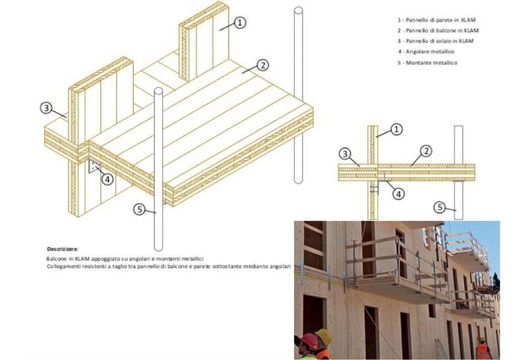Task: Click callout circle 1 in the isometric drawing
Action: click(240, 23)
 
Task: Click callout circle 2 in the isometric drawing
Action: click(262, 65)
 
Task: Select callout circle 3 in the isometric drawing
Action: click(46, 108)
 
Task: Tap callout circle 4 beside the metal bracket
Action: click(107, 179)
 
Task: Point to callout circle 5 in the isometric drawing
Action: click(140, 209)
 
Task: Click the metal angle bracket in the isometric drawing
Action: click(94, 167)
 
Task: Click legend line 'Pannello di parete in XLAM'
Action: click(437, 20)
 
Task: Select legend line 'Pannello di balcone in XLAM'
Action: click(438, 31)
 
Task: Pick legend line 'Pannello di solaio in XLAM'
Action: click(435, 41)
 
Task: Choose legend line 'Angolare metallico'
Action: click(426, 52)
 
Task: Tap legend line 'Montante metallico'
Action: click(428, 62)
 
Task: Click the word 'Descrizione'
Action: click(62, 249)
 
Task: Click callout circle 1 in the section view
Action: click(396, 129)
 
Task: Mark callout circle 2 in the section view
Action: click(426, 151)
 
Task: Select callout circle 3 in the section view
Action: click(345, 154)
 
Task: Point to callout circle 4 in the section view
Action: click(398, 194)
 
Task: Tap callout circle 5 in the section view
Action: click(440, 208)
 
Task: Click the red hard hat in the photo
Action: click(309, 341)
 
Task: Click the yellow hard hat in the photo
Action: click(324, 337)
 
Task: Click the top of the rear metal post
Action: click(298, 11)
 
